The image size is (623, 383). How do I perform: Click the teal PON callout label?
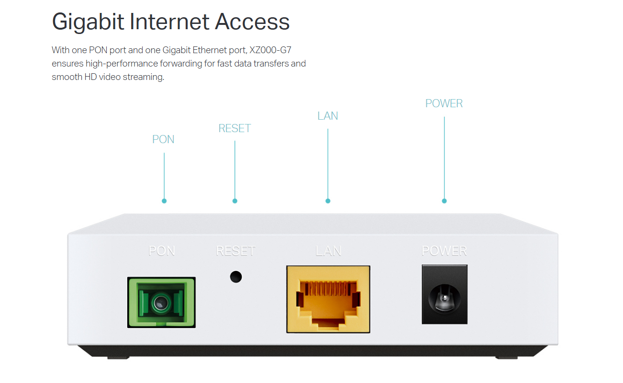click(x=163, y=139)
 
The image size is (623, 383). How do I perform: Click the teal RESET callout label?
click(x=234, y=128)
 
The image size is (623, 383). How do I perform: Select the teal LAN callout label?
click(x=328, y=116)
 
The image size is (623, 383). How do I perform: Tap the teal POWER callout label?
click(x=444, y=103)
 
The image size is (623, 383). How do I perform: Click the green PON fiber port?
click(x=161, y=302)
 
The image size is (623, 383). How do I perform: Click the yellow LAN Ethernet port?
click(x=328, y=299)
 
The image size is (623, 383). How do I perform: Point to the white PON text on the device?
click(x=162, y=251)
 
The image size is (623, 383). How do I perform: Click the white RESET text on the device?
click(x=235, y=251)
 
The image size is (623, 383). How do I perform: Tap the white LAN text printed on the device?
click(x=328, y=251)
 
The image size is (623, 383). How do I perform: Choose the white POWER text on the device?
click(x=444, y=250)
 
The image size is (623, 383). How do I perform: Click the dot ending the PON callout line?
click(x=164, y=201)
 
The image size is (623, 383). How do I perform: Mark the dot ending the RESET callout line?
click(x=234, y=201)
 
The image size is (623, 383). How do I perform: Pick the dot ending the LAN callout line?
click(x=328, y=201)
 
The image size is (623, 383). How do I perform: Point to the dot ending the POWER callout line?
click(x=444, y=201)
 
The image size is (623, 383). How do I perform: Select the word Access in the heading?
click(x=252, y=22)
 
